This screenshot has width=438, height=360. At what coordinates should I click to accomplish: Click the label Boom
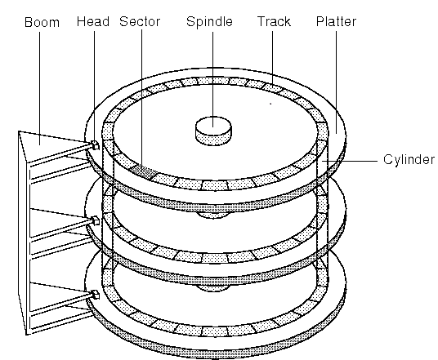click(x=42, y=22)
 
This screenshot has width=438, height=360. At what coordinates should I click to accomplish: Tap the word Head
click(x=93, y=22)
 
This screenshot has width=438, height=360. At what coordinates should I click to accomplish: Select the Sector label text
click(x=140, y=22)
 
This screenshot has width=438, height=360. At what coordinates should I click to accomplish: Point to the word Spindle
click(x=209, y=22)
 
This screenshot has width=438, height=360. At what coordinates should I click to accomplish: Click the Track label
click(x=274, y=22)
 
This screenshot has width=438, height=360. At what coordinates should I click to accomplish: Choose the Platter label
click(x=336, y=22)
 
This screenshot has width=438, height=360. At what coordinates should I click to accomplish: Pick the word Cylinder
click(x=409, y=160)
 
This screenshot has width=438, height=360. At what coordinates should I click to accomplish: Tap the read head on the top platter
click(x=96, y=145)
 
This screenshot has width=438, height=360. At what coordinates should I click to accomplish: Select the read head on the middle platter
click(x=96, y=220)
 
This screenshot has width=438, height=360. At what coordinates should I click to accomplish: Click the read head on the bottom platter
click(x=96, y=295)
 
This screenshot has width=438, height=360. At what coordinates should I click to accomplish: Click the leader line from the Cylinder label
click(x=350, y=161)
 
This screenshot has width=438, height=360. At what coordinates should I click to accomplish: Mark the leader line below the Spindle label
click(x=212, y=79)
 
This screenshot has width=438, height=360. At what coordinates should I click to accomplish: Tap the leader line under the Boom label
click(x=39, y=88)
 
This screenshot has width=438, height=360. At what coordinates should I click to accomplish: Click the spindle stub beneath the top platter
click(x=212, y=215)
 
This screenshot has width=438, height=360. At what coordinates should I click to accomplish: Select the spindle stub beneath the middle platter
click(x=212, y=288)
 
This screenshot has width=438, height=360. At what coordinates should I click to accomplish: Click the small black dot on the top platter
click(x=270, y=104)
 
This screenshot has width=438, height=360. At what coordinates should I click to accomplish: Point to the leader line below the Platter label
click(x=336, y=82)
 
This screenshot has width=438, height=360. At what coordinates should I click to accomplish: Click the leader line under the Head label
click(x=94, y=87)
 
